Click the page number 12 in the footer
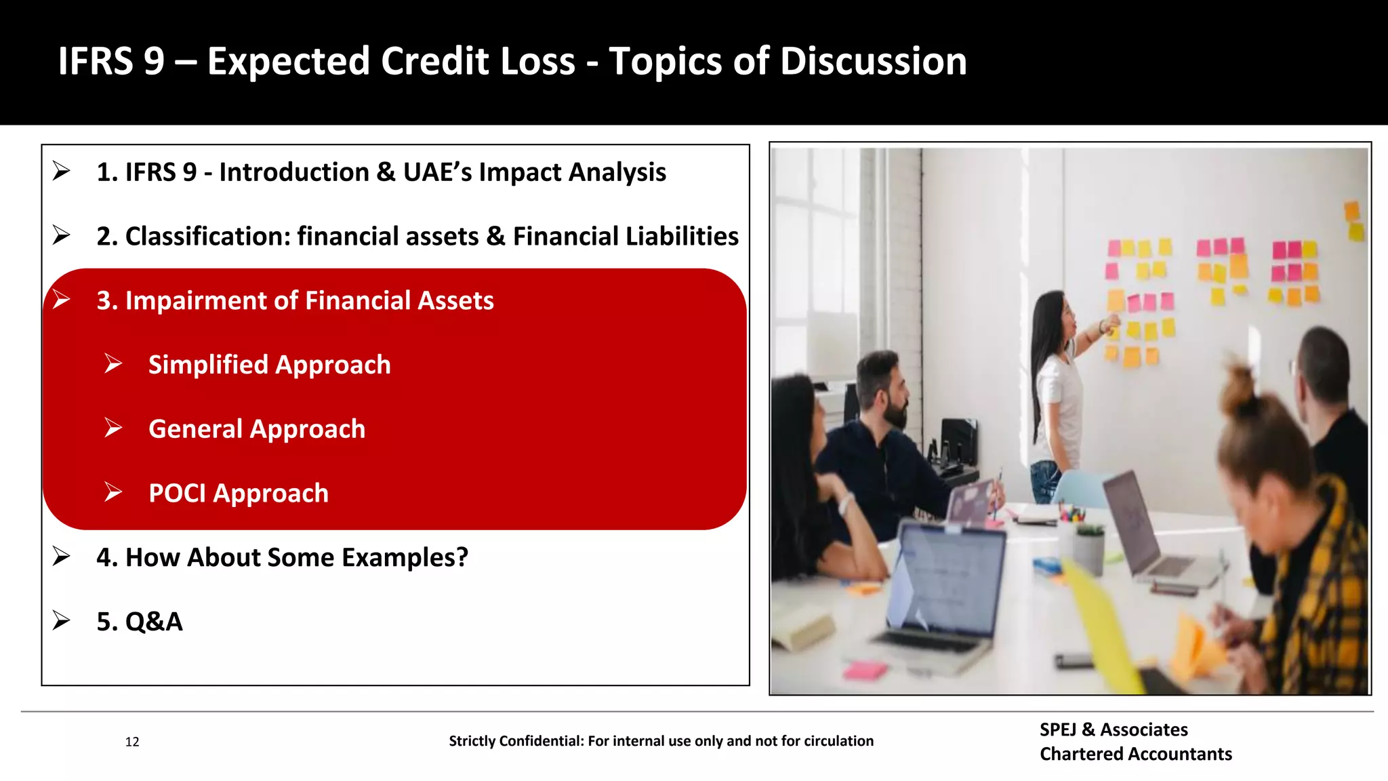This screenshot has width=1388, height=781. (x=132, y=742)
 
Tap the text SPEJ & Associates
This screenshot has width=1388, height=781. (x=1114, y=729)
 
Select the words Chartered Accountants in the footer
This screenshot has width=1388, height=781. (x=1136, y=754)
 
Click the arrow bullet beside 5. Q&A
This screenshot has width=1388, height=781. (x=61, y=620)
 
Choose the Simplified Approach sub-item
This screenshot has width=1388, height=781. (x=269, y=365)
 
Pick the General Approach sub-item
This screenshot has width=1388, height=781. (x=257, y=429)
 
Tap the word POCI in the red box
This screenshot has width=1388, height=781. (x=178, y=493)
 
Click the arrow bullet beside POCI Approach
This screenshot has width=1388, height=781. (x=113, y=492)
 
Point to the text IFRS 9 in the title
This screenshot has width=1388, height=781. (x=111, y=61)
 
